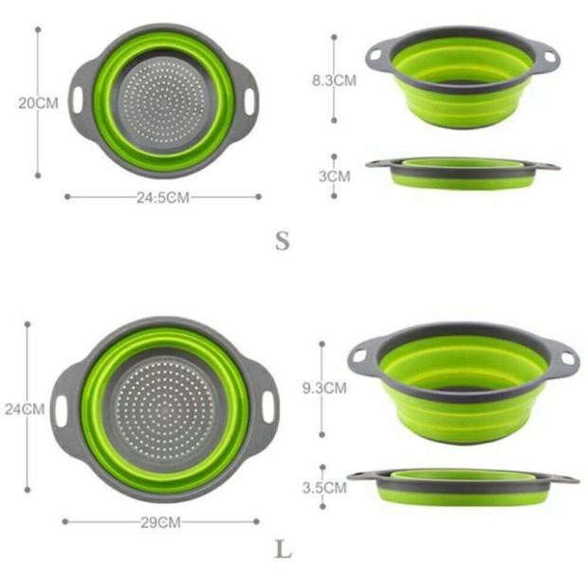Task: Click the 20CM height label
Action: (39, 103)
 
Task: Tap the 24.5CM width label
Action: (163, 197)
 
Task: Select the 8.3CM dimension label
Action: (335, 81)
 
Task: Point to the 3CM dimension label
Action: (335, 176)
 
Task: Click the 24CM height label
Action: (25, 410)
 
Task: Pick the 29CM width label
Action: (161, 522)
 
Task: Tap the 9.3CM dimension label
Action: (324, 388)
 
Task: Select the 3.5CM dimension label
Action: (324, 487)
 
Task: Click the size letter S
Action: (283, 241)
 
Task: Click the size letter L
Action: (283, 549)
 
